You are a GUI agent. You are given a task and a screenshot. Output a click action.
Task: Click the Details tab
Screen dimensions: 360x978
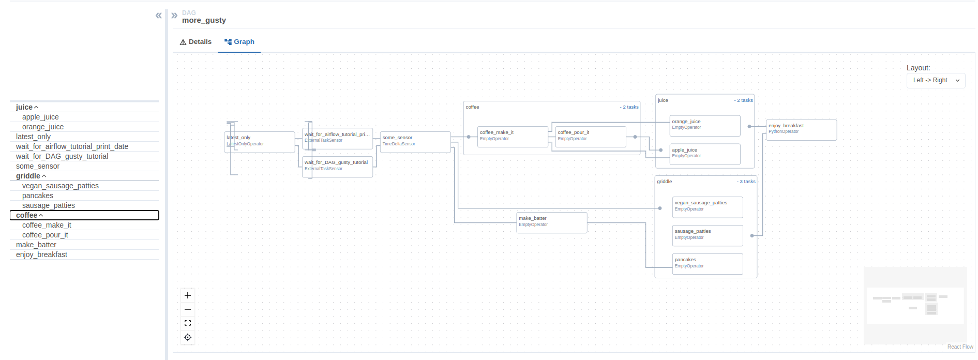click(x=195, y=42)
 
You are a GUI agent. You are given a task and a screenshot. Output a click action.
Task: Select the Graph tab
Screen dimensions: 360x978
click(x=239, y=42)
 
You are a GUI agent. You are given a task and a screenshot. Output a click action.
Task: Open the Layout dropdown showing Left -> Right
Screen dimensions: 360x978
click(x=936, y=80)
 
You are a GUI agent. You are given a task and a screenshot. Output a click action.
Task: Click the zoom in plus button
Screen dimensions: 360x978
click(x=188, y=295)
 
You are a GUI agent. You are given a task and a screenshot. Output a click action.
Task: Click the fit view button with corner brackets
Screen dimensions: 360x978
click(x=188, y=323)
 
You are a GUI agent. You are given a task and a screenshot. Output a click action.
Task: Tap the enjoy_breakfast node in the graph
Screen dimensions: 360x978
click(x=801, y=130)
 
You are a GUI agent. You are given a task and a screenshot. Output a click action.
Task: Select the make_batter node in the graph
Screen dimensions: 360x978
click(x=551, y=223)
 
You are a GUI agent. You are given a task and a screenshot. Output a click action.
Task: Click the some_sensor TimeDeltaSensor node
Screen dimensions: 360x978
click(x=415, y=142)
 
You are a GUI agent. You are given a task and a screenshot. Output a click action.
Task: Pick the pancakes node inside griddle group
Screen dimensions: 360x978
click(x=707, y=264)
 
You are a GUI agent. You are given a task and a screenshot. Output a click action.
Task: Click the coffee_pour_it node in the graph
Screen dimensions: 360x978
click(x=591, y=137)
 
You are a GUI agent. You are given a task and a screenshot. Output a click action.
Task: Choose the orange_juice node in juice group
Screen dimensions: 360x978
click(x=704, y=126)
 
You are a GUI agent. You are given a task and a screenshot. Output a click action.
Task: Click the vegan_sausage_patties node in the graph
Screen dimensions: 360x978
click(x=707, y=207)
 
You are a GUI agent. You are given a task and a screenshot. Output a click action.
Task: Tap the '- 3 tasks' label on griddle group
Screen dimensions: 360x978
click(x=746, y=182)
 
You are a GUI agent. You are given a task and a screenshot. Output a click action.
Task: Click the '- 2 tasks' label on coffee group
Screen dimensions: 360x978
click(x=629, y=107)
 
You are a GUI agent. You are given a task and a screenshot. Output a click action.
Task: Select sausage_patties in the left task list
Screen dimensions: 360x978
click(x=49, y=205)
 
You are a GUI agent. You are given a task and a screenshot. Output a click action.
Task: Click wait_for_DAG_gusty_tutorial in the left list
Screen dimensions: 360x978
click(x=62, y=156)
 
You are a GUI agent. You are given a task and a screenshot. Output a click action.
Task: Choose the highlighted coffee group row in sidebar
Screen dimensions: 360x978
click(x=84, y=215)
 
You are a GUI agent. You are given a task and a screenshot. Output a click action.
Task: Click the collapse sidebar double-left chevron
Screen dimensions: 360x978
click(x=158, y=16)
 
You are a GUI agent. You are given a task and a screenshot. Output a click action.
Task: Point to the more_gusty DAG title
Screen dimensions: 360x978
click(x=204, y=20)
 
